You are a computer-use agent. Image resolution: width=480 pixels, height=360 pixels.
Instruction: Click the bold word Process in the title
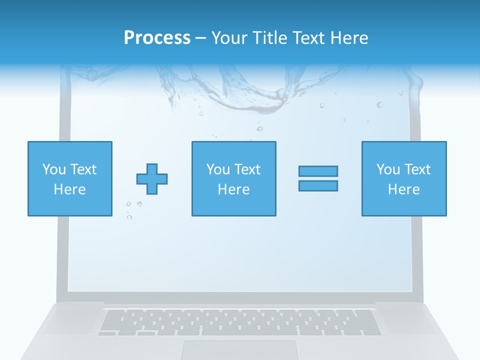(x=157, y=38)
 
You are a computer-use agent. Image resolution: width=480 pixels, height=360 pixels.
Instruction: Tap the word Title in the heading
(x=270, y=38)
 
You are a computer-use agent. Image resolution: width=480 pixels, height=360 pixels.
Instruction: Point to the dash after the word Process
(x=200, y=38)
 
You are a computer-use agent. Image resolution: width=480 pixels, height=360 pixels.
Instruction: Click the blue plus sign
(x=152, y=179)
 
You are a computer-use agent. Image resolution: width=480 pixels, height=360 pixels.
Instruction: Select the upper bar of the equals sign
(x=318, y=171)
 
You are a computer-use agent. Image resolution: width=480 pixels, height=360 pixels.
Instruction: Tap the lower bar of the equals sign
(x=318, y=185)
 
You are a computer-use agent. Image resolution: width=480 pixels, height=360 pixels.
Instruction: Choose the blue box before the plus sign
(x=70, y=178)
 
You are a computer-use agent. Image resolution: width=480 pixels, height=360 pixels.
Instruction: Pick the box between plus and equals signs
(x=233, y=178)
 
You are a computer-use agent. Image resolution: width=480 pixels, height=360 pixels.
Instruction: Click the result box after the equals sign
(x=404, y=178)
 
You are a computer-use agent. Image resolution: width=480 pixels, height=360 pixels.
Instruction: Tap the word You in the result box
(x=388, y=169)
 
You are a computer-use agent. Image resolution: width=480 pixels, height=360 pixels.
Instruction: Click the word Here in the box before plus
(x=70, y=189)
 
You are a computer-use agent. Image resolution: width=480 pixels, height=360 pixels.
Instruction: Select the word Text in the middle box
(x=247, y=169)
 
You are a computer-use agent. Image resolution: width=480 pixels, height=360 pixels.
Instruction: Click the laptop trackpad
(x=239, y=350)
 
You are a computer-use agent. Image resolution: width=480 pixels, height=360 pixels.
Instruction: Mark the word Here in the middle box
(x=233, y=189)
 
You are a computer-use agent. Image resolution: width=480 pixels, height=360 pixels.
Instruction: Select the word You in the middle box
(x=218, y=169)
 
